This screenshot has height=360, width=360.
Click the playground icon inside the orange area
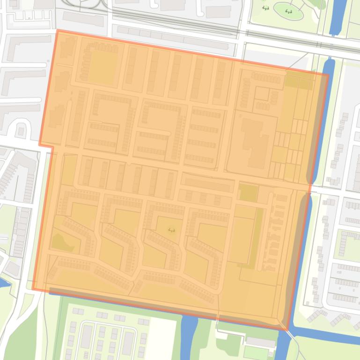tap(171, 230)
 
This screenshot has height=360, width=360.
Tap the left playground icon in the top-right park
tap(265, 8)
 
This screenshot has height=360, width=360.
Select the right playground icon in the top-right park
tap(288, 11)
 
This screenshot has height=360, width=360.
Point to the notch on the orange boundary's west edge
tap(46, 146)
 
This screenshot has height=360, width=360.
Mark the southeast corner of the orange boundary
tap(287, 329)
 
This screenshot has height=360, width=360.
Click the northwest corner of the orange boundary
tap(58, 31)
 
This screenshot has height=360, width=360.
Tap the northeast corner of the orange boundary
tap(328, 74)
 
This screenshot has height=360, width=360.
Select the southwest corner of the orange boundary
tap(33, 289)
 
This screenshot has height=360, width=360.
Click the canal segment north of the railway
tap(338, 16)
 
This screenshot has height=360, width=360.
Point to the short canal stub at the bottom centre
tap(189, 332)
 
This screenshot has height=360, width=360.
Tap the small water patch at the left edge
tap(4, 282)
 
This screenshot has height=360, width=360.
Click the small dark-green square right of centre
tap(248, 193)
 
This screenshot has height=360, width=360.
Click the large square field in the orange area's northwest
tap(102, 67)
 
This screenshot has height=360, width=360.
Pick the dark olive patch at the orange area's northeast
tap(298, 80)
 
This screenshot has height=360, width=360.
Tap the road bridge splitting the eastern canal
tap(309, 188)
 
